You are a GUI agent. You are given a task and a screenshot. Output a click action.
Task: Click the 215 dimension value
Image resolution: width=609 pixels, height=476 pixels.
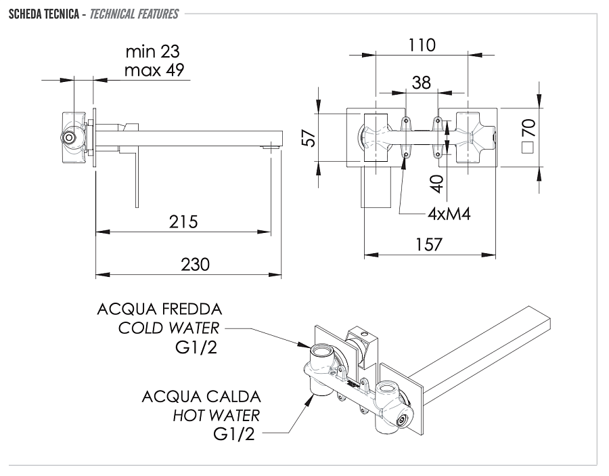183,221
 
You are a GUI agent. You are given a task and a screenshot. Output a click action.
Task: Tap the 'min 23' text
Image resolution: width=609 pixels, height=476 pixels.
153,52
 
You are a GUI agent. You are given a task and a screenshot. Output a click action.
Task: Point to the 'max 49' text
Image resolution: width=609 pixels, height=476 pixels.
154,70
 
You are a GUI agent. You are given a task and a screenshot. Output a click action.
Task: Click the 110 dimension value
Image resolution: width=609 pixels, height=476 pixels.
422,45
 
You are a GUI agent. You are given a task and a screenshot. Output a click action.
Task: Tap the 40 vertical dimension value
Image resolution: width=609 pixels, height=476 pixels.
436,183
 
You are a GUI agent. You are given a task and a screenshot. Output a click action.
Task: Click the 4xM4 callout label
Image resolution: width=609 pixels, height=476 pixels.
449,214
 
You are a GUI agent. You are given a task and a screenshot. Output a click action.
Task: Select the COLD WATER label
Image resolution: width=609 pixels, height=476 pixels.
168,328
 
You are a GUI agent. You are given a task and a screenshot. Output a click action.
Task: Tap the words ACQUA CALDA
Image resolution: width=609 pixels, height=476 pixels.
201,396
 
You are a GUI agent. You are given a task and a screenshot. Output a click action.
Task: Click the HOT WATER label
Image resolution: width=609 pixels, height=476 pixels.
216,414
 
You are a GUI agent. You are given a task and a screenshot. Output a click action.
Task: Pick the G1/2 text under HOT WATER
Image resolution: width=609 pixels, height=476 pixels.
233,434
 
